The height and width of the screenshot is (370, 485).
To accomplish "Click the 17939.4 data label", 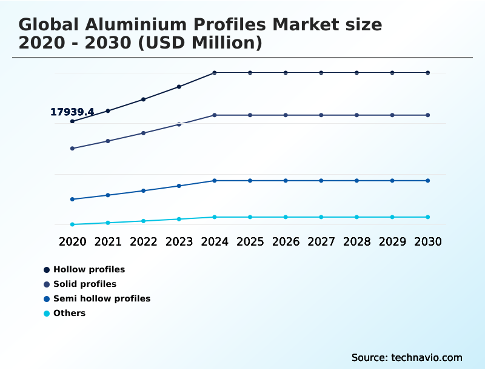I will click(72, 112).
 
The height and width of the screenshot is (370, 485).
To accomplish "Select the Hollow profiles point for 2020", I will click(72, 121).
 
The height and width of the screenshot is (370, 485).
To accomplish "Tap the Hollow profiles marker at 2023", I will click(179, 87).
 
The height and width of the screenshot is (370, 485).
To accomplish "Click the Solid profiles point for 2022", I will click(144, 133).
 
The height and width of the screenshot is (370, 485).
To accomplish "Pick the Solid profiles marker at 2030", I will click(428, 115).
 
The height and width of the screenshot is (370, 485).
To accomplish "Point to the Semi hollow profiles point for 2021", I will click(108, 195).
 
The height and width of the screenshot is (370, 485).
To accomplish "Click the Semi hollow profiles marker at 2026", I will click(286, 181).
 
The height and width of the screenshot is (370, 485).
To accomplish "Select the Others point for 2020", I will click(72, 224).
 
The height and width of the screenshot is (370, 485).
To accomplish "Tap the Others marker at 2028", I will click(357, 217).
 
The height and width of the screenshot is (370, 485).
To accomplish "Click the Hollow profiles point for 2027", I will click(321, 73).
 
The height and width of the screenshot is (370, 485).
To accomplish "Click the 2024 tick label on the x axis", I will click(215, 241).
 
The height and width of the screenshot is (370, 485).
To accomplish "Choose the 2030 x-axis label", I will click(428, 241).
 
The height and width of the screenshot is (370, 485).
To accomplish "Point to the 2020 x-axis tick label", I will click(72, 241).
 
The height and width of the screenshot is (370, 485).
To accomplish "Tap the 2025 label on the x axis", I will click(250, 241).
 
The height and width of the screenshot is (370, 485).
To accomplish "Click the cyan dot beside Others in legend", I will click(47, 314).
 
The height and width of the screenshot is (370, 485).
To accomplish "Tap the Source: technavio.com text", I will click(407, 357).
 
